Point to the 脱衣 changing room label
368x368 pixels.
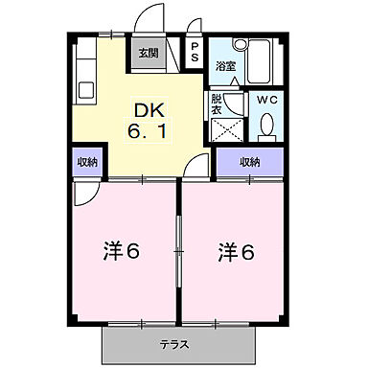[218, 103]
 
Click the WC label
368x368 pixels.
[265, 98]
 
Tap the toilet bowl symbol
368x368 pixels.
[266, 125]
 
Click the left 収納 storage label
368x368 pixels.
[86, 162]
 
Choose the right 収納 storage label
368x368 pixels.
[249, 162]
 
